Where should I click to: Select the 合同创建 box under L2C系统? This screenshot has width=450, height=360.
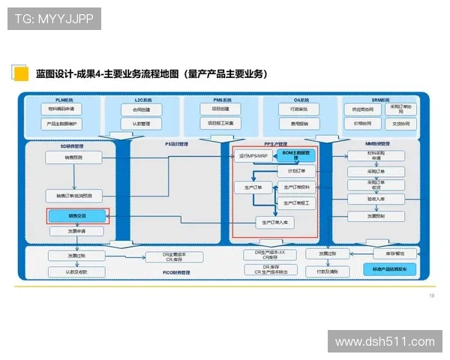(142, 109)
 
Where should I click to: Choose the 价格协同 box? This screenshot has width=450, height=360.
(358, 123)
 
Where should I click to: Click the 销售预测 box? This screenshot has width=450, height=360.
(73, 157)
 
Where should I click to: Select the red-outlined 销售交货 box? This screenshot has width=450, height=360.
(78, 217)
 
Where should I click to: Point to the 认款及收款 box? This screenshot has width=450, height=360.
(78, 271)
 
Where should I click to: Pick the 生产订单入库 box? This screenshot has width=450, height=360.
(276, 222)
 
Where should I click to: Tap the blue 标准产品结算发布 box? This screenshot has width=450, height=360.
(391, 268)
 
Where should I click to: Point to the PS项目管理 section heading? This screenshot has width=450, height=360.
(176, 142)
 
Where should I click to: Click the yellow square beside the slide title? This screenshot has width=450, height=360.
(20, 73)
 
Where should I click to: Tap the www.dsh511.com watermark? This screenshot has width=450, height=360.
(385, 342)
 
